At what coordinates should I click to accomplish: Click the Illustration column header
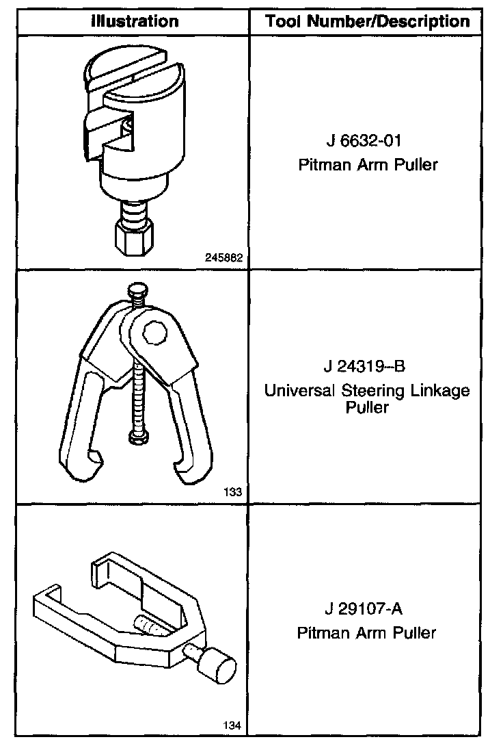(x=135, y=21)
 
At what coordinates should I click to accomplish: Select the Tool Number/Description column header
(x=368, y=21)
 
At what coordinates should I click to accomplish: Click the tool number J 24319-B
(x=367, y=366)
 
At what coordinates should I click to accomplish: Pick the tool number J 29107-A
(x=366, y=608)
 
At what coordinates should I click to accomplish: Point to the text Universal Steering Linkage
(x=367, y=391)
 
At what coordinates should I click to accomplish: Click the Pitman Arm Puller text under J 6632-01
(x=367, y=165)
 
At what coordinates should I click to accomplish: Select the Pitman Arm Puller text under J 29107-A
(x=366, y=632)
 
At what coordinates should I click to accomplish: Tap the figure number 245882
(x=225, y=258)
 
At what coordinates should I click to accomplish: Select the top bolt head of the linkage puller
(x=137, y=290)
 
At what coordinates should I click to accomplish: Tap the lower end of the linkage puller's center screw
(x=137, y=435)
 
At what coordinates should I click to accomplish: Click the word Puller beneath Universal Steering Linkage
(x=366, y=408)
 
